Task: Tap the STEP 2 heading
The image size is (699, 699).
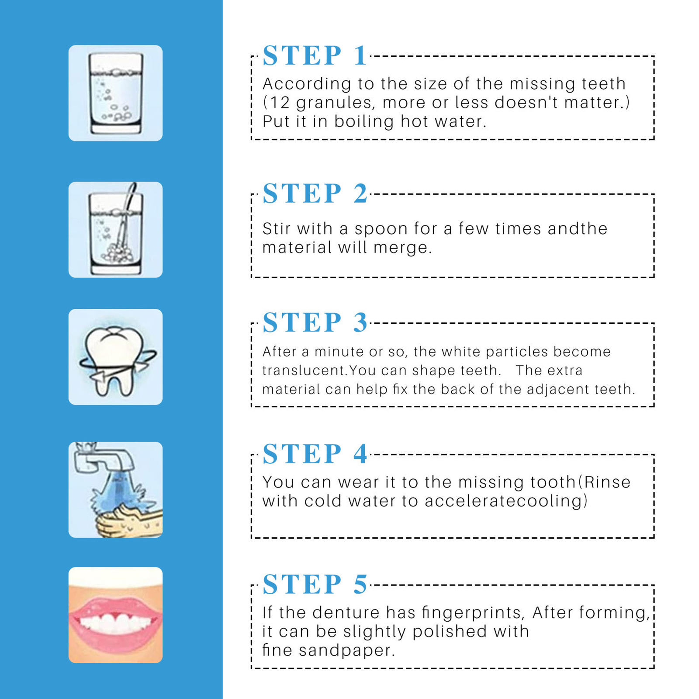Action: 315,193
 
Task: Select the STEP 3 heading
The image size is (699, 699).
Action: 315,322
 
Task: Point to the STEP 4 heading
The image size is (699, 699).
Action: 315,453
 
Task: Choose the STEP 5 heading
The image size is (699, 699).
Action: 315,584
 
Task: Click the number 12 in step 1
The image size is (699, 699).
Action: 280,103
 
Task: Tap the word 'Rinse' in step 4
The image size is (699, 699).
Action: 607,482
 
